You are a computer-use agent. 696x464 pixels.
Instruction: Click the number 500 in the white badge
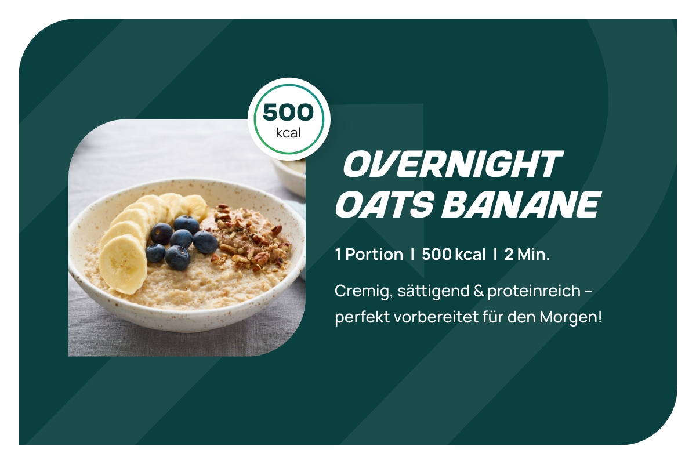(x=288, y=112)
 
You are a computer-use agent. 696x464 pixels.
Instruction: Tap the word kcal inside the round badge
(x=288, y=133)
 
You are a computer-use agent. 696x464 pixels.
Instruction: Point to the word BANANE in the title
(x=521, y=204)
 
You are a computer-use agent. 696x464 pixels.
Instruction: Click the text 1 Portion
(x=369, y=255)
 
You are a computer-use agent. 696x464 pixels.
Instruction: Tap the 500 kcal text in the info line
(x=454, y=255)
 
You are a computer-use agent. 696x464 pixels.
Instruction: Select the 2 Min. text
(x=527, y=255)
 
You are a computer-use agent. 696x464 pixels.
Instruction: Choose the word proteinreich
(x=534, y=292)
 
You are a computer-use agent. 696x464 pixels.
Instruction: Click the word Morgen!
(x=571, y=318)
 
